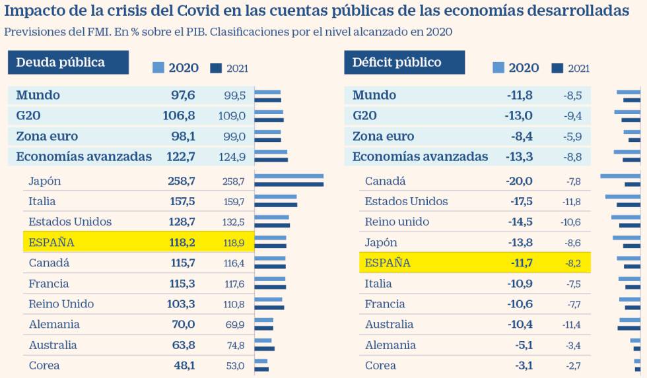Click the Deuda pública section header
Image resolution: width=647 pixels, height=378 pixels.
pyautogui.click(x=60, y=63)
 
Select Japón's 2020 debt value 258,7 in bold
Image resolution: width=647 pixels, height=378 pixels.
pyautogui.click(x=182, y=181)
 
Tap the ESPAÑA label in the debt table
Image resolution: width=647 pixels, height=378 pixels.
pyautogui.click(x=51, y=243)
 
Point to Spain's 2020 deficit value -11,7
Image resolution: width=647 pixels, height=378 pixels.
pyautogui.click(x=522, y=263)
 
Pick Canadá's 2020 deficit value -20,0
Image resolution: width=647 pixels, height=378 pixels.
pyautogui.click(x=520, y=181)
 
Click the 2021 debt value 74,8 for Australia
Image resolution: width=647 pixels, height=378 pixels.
pyautogui.click(x=235, y=346)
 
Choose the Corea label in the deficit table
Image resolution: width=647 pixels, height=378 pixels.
pyautogui.click(x=380, y=365)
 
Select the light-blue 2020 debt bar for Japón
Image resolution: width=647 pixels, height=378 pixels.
pyautogui.click(x=289, y=176)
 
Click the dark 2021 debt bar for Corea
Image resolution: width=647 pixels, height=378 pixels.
pyautogui.click(x=262, y=369)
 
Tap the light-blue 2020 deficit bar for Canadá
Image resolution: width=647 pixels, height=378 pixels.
pyautogui.click(x=620, y=176)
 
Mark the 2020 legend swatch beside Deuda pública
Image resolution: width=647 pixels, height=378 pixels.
pyautogui.click(x=158, y=67)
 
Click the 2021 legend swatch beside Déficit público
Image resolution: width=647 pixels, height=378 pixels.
pyautogui.click(x=557, y=67)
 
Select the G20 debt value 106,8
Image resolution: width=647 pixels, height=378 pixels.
pyautogui.click(x=179, y=116)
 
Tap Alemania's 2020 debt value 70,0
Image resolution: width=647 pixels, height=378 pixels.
pyautogui.click(x=183, y=325)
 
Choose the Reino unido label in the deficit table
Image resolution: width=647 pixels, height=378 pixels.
pyautogui.click(x=397, y=222)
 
